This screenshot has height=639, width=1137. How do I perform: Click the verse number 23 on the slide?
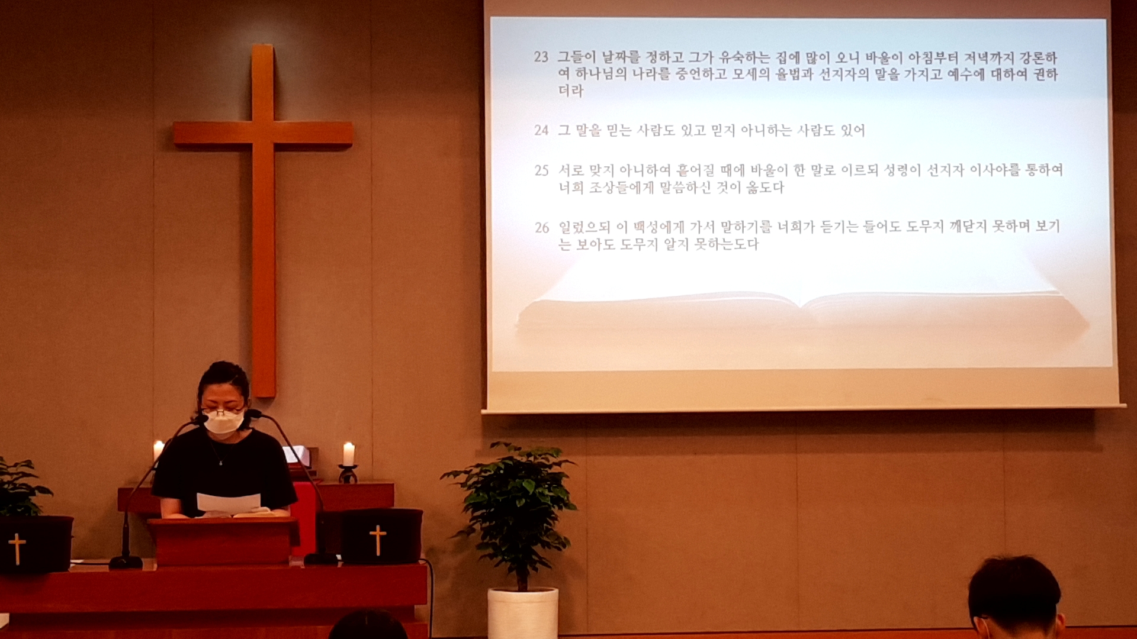[x=541, y=57]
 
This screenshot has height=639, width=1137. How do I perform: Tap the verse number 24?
[x=541, y=130]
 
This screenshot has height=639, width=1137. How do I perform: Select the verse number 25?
[x=541, y=170]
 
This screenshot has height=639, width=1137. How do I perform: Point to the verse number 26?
[x=542, y=228]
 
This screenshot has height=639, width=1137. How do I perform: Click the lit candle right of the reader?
[x=349, y=454]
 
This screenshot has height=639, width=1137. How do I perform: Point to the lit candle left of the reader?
[x=158, y=451]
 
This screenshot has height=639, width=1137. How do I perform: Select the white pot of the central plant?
[x=522, y=613]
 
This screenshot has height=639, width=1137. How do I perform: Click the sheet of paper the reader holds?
[x=228, y=502]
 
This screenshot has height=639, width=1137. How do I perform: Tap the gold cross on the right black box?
[x=378, y=540]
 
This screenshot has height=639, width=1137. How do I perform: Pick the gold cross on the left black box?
[x=17, y=548]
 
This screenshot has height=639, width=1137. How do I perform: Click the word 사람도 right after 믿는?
[x=656, y=130]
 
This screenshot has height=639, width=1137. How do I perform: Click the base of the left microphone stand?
[x=126, y=561]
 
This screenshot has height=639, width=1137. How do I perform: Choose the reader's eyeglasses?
[x=223, y=411]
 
